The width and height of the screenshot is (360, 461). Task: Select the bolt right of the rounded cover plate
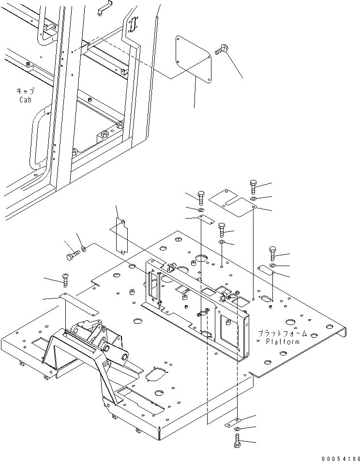pyautogui.click(x=222, y=48)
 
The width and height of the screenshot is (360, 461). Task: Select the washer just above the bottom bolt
pyautogui.click(x=237, y=429)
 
